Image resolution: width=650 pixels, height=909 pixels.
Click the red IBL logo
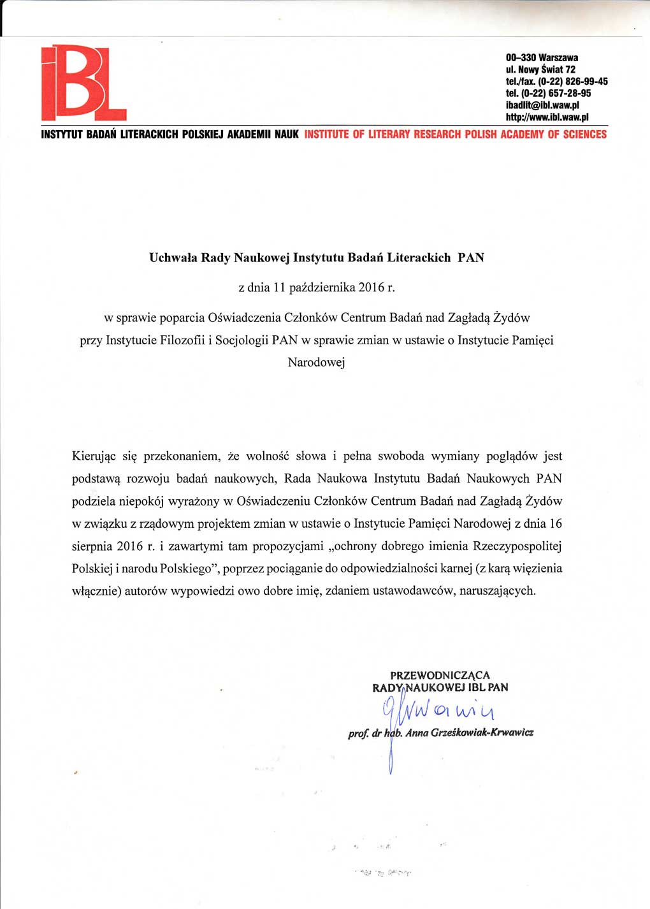(x=83, y=84)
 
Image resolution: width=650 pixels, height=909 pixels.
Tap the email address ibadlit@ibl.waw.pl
(x=542, y=105)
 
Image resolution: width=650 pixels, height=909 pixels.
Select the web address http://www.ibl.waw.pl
(x=547, y=117)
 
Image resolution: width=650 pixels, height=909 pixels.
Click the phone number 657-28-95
(x=569, y=93)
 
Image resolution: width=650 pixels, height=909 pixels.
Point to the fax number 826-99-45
(x=586, y=82)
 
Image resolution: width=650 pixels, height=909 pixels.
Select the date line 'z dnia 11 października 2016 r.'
(x=317, y=287)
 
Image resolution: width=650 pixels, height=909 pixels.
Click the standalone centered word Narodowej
(x=316, y=363)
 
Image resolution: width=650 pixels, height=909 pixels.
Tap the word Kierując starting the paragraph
(x=94, y=456)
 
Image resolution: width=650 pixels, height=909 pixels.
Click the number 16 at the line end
(x=555, y=524)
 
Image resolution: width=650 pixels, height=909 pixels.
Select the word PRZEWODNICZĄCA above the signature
(x=440, y=675)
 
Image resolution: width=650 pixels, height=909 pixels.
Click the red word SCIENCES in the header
(x=584, y=135)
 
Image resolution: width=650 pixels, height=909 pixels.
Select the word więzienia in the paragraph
(x=535, y=569)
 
